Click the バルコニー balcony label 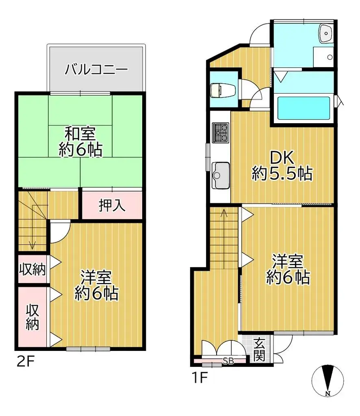[x=96, y=69]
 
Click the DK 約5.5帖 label [x=282, y=166]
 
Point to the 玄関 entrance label [x=260, y=349]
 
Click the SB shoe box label [x=228, y=360]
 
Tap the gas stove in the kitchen [x=221, y=133]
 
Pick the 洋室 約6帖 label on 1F [x=288, y=269]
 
